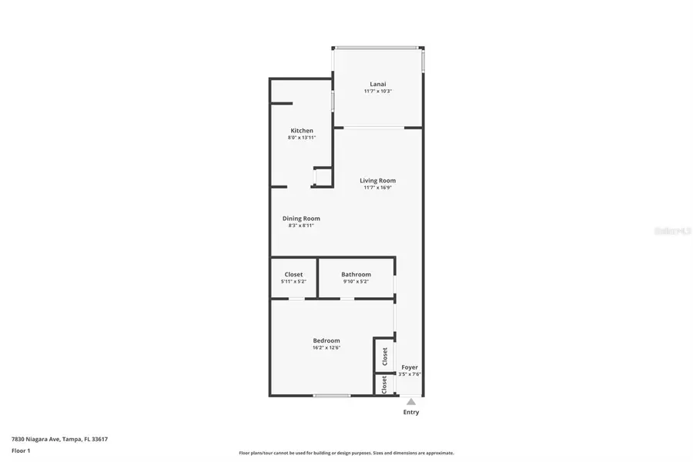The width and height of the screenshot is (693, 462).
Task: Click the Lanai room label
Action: [377, 84]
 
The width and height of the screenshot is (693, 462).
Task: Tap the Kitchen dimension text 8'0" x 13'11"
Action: [302, 137]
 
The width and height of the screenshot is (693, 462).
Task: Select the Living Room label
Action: [377, 180]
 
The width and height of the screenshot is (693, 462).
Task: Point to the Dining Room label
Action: [301, 218]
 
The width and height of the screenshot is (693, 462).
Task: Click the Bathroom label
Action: [356, 274]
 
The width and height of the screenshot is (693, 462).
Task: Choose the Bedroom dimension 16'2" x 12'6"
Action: [326, 347]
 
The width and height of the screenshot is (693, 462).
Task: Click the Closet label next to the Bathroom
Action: [293, 274]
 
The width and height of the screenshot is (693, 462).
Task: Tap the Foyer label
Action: [410, 367]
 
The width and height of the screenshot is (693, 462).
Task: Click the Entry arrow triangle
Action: [411, 401]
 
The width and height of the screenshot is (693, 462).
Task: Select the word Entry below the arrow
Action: [411, 412]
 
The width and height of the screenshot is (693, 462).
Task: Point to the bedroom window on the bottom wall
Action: [332, 396]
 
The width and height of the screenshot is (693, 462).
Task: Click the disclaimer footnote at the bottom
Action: [346, 453]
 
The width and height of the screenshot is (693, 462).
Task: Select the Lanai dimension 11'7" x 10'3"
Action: [377, 91]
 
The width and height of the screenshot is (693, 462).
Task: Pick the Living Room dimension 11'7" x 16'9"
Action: [377, 187]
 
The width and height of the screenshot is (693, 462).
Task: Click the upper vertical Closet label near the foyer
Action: [385, 356]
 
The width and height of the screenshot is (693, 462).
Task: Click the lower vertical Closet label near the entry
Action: [385, 385]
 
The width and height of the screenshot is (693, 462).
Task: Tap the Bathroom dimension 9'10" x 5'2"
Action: [356, 281]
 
